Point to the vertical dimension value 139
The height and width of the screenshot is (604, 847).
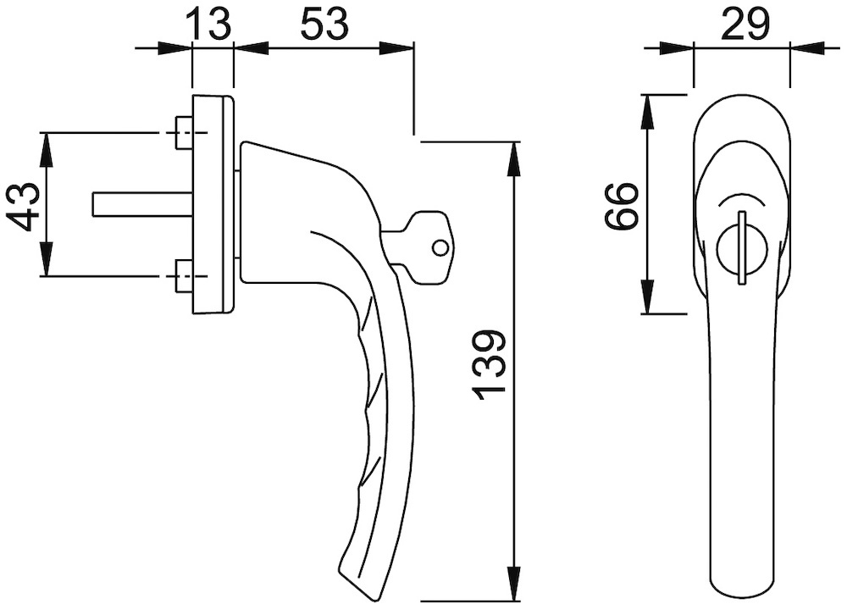490,364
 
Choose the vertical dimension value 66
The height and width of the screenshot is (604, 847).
623,205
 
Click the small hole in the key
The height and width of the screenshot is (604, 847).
439,247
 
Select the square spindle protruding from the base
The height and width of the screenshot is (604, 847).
140,204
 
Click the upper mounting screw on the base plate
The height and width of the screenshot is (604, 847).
182,133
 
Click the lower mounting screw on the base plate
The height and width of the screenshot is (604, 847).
182,276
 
